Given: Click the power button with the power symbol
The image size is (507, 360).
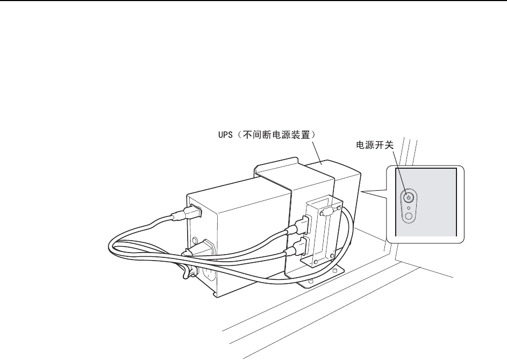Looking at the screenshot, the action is tap(409, 197).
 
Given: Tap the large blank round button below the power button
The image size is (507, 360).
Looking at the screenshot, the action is tap(409, 216).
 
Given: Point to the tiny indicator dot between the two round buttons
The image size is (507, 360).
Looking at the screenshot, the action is tap(409, 207).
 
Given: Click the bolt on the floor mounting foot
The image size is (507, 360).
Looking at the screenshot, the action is tap(311, 281).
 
